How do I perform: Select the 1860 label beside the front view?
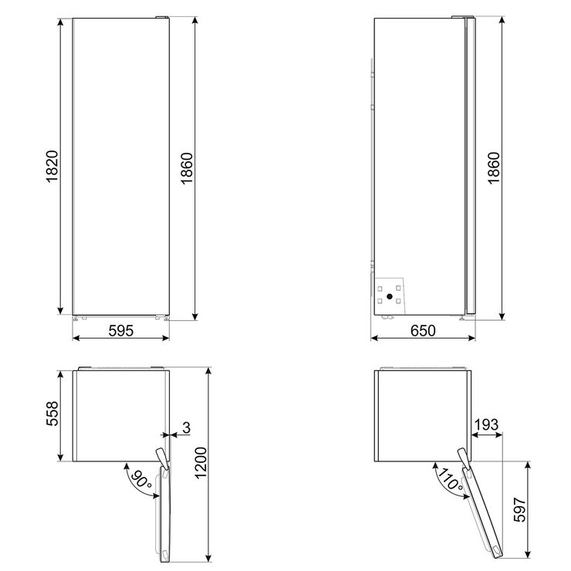click(x=187, y=165)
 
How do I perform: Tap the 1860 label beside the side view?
click(x=495, y=165)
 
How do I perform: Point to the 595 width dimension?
click(x=120, y=331)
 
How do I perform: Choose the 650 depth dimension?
click(x=423, y=331)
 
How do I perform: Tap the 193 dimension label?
click(x=486, y=424)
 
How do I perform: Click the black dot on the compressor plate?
click(x=390, y=296)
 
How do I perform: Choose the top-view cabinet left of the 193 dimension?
click(x=421, y=417)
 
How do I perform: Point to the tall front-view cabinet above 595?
click(x=120, y=165)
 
